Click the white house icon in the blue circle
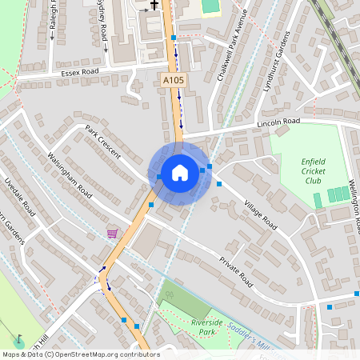(x=180, y=173)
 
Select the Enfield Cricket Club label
(x=314, y=170)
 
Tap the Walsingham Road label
(x=70, y=178)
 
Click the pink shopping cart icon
(x=112, y=234)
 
